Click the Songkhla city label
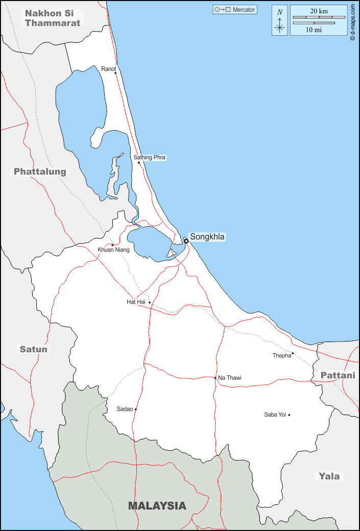(x=207, y=237)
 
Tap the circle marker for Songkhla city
(x=186, y=241)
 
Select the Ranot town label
(x=109, y=69)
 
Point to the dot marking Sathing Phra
(x=139, y=163)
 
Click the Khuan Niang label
(x=113, y=250)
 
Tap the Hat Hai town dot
(x=150, y=302)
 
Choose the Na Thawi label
(x=230, y=378)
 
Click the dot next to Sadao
(x=136, y=409)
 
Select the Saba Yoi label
(x=275, y=415)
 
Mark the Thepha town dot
(x=293, y=353)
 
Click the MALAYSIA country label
(x=157, y=506)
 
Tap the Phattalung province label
(x=40, y=172)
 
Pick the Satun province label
(x=34, y=349)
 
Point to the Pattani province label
(x=338, y=375)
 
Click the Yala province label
(x=329, y=476)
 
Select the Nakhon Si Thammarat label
(x=53, y=17)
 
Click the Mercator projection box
(x=235, y=10)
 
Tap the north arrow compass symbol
(x=279, y=20)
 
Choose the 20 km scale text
(x=319, y=11)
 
